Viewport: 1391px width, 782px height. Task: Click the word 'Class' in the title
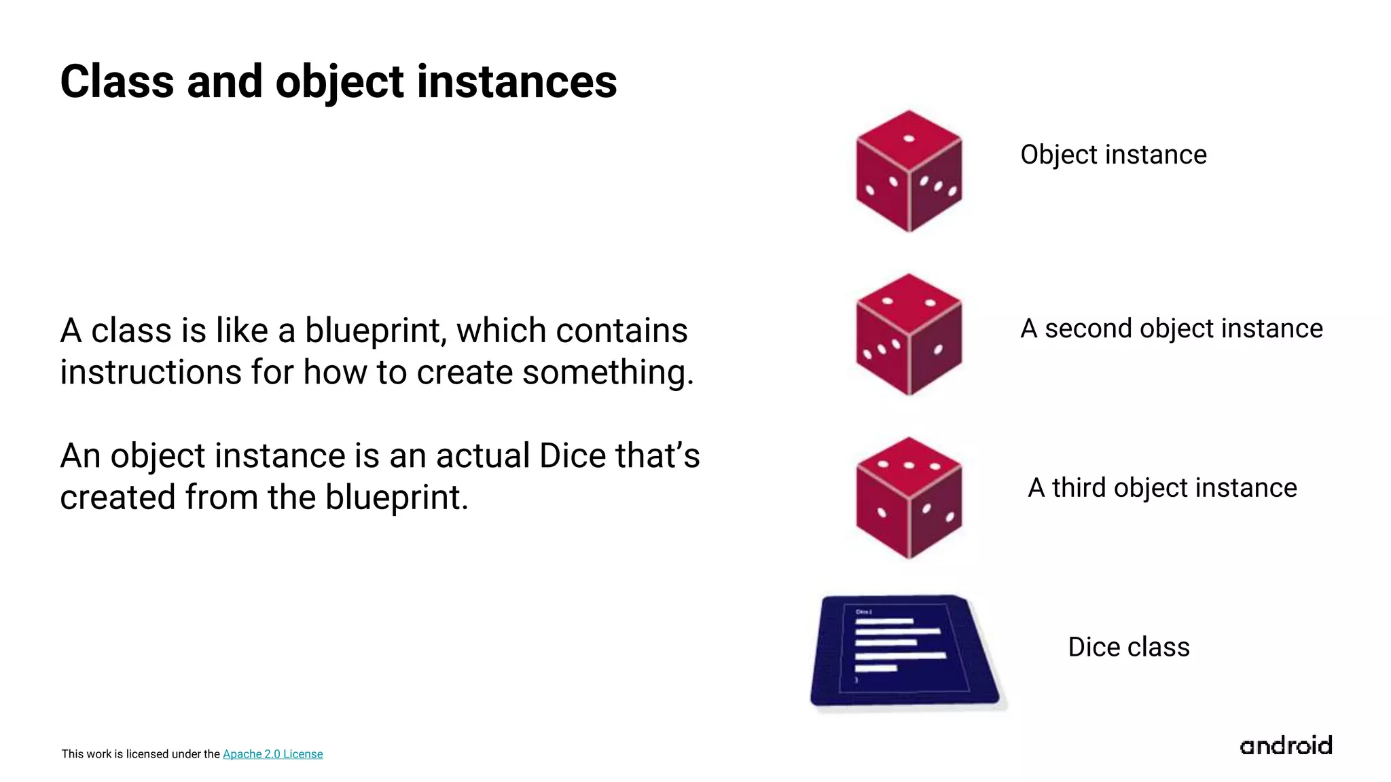117,82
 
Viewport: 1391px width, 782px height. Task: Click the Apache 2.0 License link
272,754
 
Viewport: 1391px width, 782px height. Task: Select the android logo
1286,746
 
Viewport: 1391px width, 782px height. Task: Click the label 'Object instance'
1113,155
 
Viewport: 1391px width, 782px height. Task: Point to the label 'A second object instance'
1171,329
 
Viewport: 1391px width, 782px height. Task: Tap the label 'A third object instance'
1162,488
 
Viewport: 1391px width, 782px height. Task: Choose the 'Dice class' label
1128,647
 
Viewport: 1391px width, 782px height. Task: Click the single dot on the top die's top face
909,139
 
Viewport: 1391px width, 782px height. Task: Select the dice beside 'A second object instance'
909,335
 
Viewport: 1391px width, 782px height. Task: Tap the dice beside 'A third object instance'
909,498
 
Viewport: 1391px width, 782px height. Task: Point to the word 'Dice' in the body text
572,455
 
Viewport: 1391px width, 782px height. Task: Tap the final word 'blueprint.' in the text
397,498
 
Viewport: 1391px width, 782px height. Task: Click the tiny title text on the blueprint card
863,612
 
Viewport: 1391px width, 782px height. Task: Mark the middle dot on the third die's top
909,466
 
